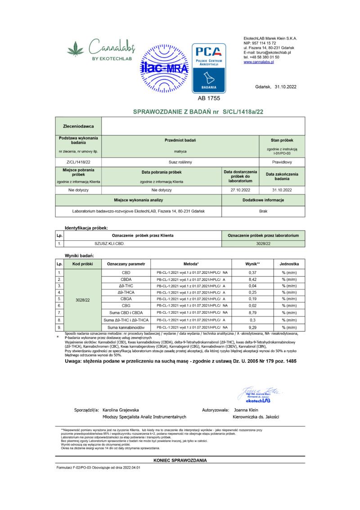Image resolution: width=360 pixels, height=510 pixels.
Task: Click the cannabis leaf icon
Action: click(x=75, y=49)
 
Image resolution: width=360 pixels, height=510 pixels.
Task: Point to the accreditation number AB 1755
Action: click(x=209, y=98)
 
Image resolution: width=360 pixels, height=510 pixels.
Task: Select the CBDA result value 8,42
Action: click(x=252, y=279)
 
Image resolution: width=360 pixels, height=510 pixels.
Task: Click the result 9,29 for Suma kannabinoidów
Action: click(x=252, y=327)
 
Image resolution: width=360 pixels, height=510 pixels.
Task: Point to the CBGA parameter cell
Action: click(x=126, y=298)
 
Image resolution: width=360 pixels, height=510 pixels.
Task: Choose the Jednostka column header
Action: click(x=289, y=263)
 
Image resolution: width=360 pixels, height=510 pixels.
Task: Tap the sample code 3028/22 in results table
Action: click(x=83, y=299)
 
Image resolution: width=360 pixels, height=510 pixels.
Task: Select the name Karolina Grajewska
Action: click(x=121, y=410)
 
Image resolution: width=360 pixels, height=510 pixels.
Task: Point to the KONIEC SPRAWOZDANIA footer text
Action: click(x=180, y=460)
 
